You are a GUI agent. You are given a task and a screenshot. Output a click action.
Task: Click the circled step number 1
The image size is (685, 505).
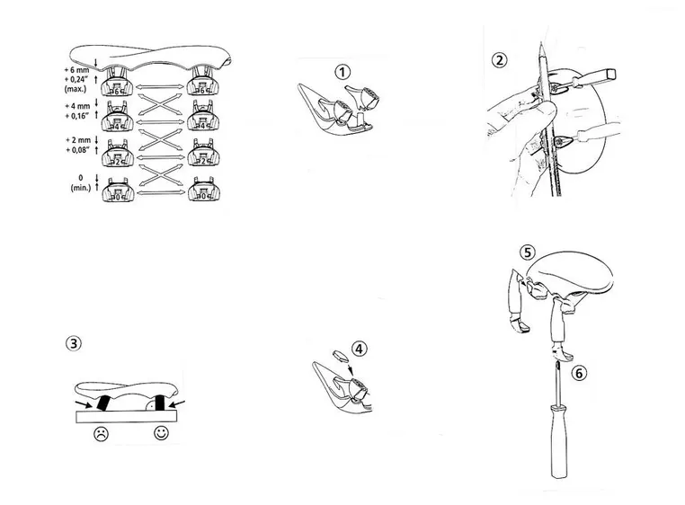pos(342,71)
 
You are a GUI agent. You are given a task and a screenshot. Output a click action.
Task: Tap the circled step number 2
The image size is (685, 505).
pos(499,60)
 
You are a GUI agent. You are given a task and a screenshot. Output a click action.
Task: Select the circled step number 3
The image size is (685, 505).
pos(73,342)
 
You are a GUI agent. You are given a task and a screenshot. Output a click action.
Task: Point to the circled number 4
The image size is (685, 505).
pos(360,348)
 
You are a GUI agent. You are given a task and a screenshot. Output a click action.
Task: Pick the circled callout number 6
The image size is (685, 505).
pos(579,372)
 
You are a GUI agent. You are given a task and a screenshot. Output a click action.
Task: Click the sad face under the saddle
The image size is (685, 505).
pos(102,434)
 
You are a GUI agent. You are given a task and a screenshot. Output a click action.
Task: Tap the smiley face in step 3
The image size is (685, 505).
pos(161,434)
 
